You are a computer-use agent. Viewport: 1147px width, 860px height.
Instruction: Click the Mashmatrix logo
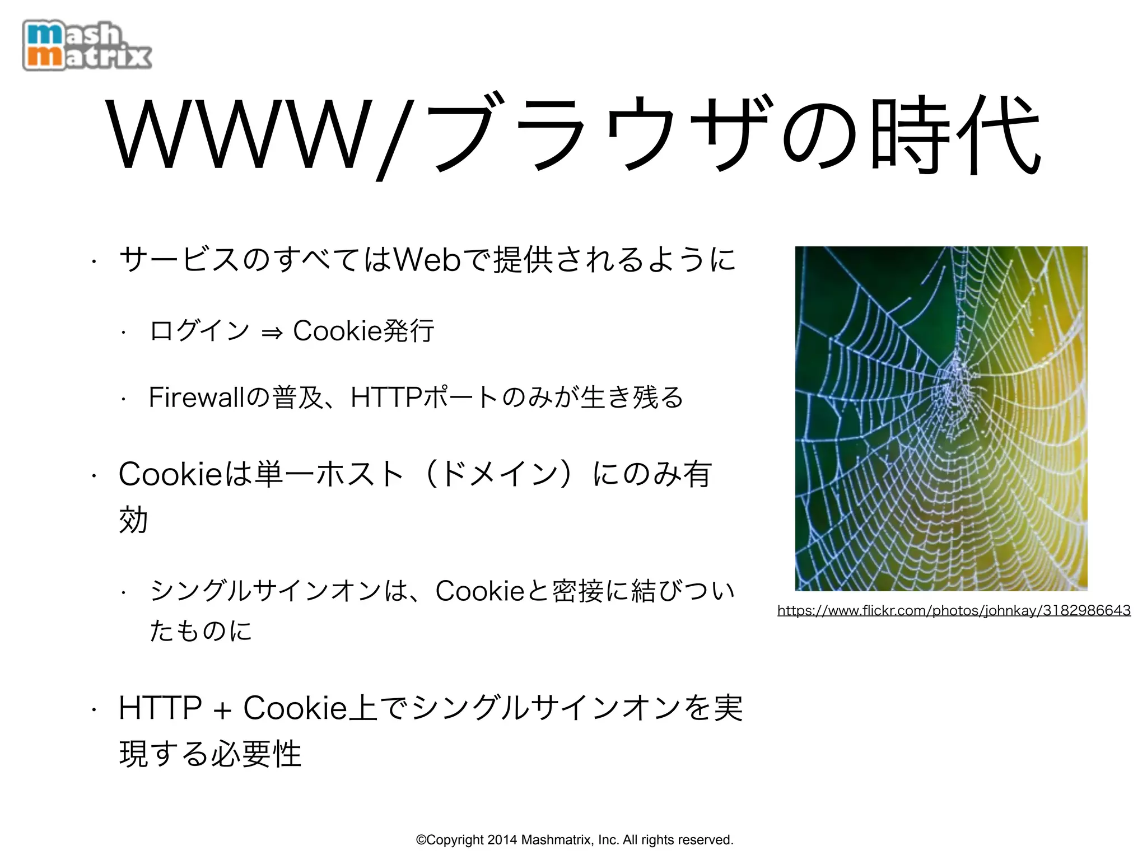click(87, 46)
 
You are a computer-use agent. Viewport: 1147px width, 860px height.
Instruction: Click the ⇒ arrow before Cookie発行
click(272, 333)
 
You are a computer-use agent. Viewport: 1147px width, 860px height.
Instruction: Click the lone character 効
click(133, 520)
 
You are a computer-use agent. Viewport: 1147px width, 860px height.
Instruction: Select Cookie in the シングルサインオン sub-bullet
click(479, 591)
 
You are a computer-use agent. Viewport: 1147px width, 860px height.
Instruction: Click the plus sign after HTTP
click(222, 710)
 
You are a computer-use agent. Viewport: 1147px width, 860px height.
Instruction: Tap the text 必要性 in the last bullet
click(257, 754)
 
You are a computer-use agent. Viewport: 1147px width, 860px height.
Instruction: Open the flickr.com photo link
click(954, 610)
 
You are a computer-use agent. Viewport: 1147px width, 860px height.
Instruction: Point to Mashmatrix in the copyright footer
click(557, 840)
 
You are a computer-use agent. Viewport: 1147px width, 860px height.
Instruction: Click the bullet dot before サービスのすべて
click(95, 260)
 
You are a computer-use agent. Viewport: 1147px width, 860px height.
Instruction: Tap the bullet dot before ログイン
click(124, 333)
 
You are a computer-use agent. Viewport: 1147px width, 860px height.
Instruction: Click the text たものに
click(201, 630)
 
